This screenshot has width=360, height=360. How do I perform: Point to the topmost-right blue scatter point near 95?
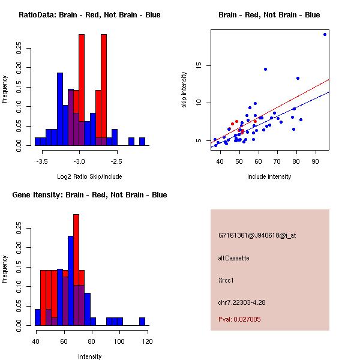325,34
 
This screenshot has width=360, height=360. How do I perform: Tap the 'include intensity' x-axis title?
269,176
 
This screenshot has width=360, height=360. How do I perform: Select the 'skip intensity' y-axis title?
184,90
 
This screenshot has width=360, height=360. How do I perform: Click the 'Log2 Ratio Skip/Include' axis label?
89,176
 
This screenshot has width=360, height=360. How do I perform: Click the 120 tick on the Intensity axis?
147,341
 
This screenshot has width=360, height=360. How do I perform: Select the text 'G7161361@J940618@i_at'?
257,235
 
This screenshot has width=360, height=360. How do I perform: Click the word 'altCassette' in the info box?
233,258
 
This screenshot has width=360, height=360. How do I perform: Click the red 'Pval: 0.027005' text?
239,320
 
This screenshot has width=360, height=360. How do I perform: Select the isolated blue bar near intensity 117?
142,321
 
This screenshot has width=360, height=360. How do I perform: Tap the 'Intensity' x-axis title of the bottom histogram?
90,356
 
